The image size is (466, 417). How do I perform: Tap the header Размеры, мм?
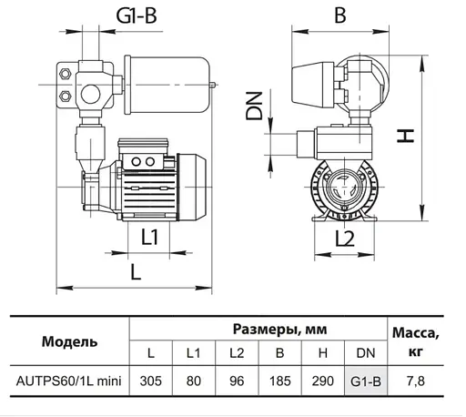(x=258, y=329)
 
